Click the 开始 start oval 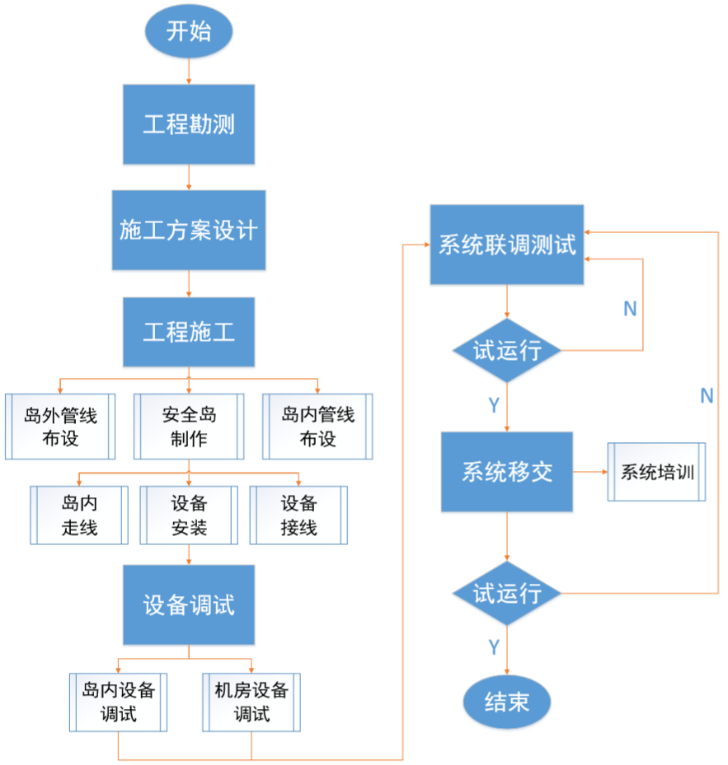pyautogui.click(x=189, y=32)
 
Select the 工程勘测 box pyautogui.click(x=189, y=124)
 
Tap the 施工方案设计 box pyautogui.click(x=189, y=230)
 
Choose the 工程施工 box pyautogui.click(x=189, y=332)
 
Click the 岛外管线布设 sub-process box pyautogui.click(x=59, y=426)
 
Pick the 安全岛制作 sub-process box pyautogui.click(x=189, y=426)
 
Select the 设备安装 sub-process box pyautogui.click(x=189, y=515)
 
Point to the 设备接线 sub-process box pyautogui.click(x=298, y=515)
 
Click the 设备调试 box pyautogui.click(x=189, y=604)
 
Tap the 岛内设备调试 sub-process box pyautogui.click(x=118, y=702)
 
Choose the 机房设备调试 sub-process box pyautogui.click(x=251, y=702)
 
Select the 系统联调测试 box pyautogui.click(x=506, y=245)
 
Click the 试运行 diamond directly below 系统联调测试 pyautogui.click(x=506, y=351)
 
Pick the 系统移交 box pyautogui.click(x=506, y=472)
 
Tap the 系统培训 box pyautogui.click(x=657, y=472)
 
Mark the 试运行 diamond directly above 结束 pyautogui.click(x=506, y=593)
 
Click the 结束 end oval pyautogui.click(x=506, y=702)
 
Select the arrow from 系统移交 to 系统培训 pyautogui.click(x=589, y=472)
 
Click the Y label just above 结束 pyautogui.click(x=493, y=647)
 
